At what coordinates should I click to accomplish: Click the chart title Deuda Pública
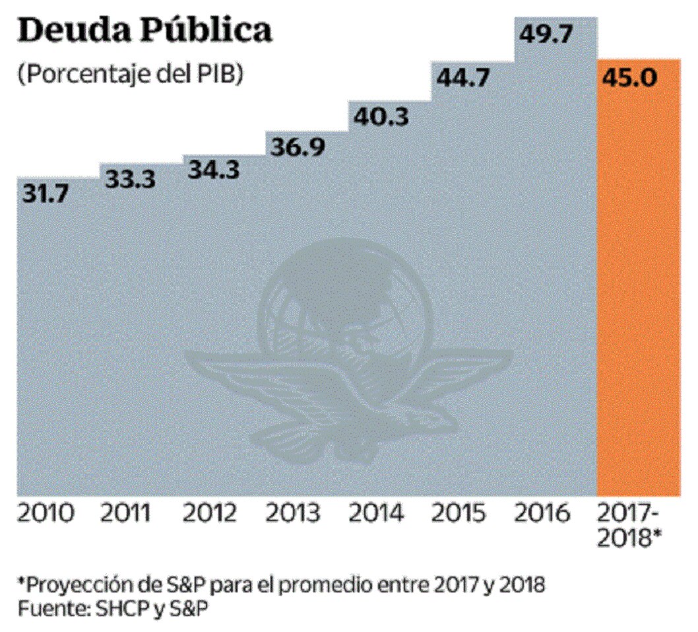(144, 31)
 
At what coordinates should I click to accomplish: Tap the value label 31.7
(50, 195)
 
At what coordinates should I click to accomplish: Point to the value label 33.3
(131, 179)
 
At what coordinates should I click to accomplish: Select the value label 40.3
(381, 117)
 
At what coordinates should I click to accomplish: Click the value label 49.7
(547, 33)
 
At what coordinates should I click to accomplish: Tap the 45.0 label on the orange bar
(630, 78)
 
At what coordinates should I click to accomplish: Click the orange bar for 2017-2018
(638, 297)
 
